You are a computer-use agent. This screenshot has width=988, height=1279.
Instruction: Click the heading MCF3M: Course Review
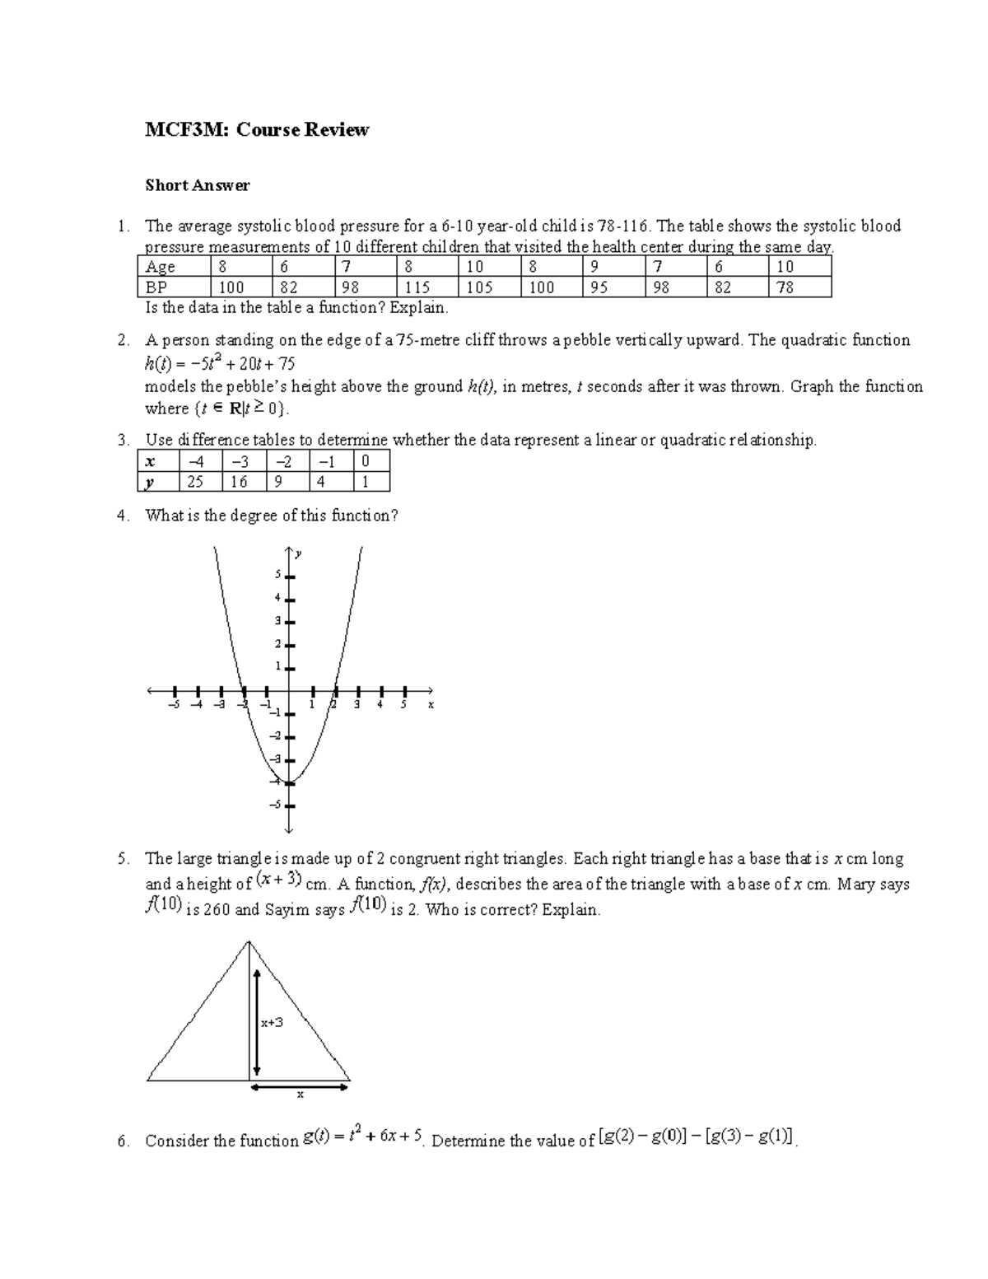point(257,129)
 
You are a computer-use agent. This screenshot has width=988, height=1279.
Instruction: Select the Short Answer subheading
point(197,185)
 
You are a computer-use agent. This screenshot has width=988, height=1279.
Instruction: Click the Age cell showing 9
point(594,267)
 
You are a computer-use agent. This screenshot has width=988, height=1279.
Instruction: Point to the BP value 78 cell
point(785,287)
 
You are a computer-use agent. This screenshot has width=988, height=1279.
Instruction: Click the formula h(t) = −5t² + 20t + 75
point(219,363)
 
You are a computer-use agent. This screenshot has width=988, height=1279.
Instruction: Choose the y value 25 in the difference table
point(195,482)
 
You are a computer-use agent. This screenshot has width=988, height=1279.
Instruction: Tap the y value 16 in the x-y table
point(239,482)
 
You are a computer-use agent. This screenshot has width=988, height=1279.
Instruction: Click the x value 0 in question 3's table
point(365,461)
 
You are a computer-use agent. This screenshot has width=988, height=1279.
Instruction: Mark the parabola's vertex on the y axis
point(290,782)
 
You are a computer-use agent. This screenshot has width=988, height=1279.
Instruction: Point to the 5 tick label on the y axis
point(278,574)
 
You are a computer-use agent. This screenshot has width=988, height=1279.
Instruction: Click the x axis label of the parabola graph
point(430,705)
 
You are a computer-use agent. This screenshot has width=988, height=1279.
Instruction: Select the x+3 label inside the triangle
point(272,1022)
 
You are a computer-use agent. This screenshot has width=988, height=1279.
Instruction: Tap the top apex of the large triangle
point(249,941)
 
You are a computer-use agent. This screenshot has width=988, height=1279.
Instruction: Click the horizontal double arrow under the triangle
point(300,1087)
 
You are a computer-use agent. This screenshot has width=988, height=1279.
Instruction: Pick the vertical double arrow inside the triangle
point(258,1022)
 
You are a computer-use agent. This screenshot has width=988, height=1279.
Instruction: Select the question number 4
point(123,516)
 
